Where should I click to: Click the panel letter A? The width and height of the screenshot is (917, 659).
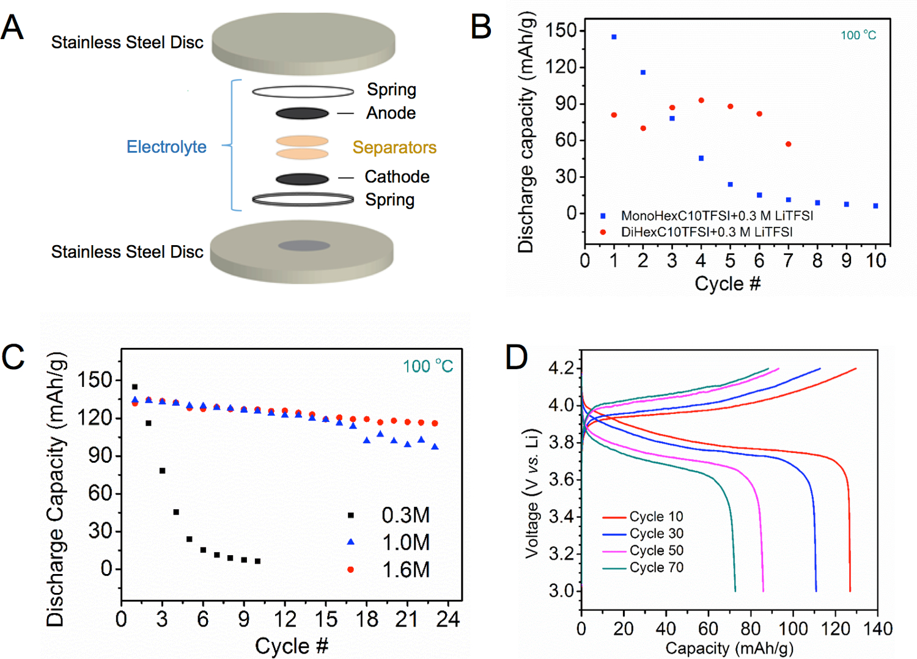(12, 28)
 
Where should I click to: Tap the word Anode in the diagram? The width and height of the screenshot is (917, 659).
(391, 113)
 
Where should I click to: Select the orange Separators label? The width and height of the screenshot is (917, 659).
(394, 147)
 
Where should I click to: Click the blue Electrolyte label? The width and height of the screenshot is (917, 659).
(166, 147)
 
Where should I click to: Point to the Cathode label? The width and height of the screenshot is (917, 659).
(397, 177)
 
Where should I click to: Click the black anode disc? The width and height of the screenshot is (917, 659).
(302, 113)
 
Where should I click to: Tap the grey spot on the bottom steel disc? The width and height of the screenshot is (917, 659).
(304, 246)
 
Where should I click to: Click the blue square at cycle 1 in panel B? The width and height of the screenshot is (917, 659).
(614, 37)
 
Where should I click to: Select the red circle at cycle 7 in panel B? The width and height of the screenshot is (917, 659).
(789, 144)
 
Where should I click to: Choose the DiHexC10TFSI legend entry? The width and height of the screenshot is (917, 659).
(706, 232)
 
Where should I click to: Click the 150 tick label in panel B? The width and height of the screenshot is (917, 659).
(561, 30)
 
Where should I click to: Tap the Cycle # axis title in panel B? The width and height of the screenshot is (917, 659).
(727, 284)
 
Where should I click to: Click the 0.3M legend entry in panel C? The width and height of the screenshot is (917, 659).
(405, 515)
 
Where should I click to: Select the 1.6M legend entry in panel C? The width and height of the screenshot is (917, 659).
(405, 570)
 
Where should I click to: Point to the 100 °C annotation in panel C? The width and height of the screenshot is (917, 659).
(428, 366)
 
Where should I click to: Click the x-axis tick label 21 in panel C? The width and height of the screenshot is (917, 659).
(407, 619)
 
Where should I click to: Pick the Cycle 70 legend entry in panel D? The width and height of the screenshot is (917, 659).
(656, 568)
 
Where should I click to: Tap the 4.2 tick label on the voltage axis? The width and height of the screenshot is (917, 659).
(561, 368)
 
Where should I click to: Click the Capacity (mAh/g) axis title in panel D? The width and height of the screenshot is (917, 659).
(729, 648)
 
